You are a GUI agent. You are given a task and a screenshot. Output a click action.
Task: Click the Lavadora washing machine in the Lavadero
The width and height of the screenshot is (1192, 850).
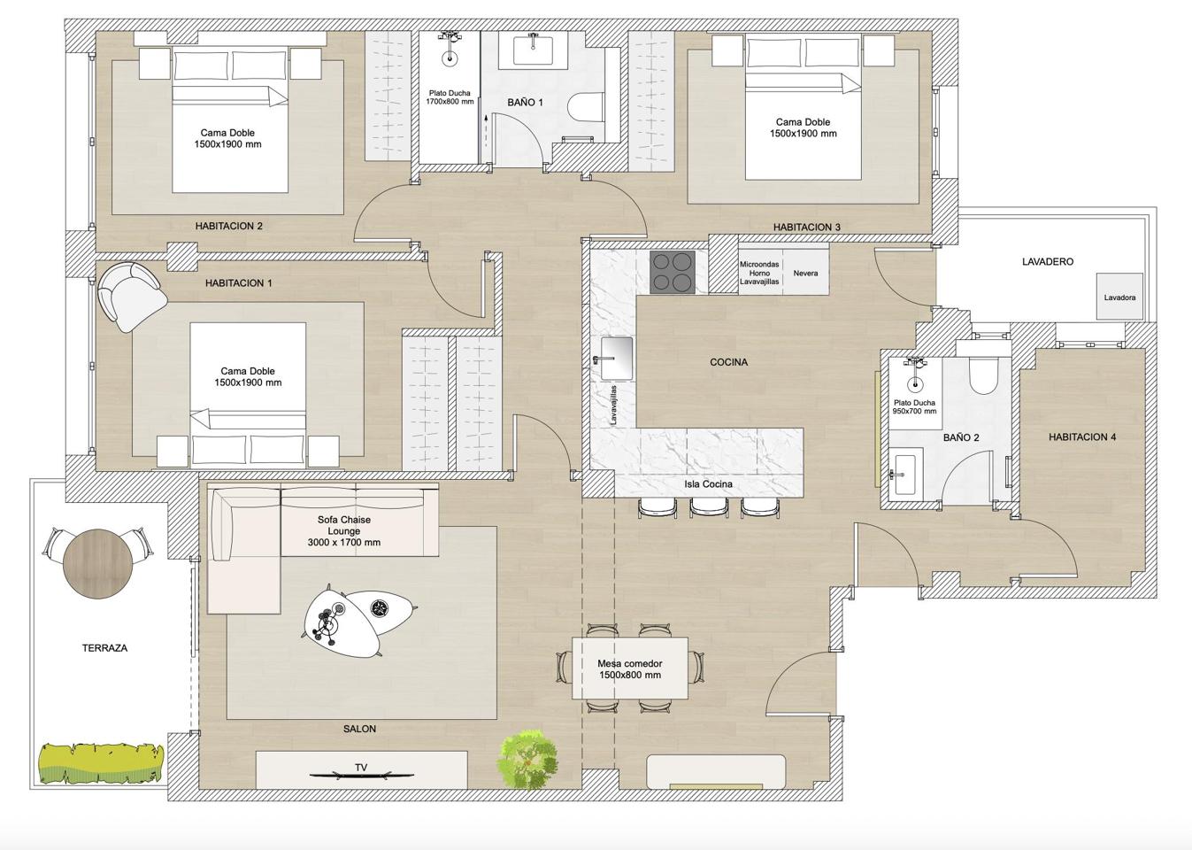pyautogui.click(x=1119, y=297)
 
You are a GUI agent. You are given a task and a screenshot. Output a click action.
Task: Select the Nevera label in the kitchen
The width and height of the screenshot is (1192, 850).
pyautogui.click(x=805, y=274)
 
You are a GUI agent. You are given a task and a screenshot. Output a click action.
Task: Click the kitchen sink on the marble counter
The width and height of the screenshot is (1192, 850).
pyautogui.click(x=616, y=359)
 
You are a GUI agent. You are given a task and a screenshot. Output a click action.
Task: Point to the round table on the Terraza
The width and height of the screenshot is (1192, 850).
pyautogui.click(x=98, y=564)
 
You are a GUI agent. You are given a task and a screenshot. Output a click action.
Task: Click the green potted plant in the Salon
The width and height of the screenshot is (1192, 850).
pyautogui.click(x=529, y=760)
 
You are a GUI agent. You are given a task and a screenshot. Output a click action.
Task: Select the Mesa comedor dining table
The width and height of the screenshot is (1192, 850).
pyautogui.click(x=629, y=668)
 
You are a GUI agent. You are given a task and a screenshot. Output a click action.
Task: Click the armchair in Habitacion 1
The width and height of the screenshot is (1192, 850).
pyautogui.click(x=131, y=297)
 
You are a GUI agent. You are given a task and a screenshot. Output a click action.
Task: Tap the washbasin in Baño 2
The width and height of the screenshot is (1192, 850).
pyautogui.click(x=904, y=474)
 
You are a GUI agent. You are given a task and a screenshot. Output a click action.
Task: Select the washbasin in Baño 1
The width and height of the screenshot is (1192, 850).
pyautogui.click(x=532, y=50)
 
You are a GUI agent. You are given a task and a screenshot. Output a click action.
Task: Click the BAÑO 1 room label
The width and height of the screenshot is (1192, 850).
pyautogui.click(x=526, y=102)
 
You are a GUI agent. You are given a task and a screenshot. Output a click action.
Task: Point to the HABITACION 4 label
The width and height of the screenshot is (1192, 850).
pyautogui.click(x=1082, y=437)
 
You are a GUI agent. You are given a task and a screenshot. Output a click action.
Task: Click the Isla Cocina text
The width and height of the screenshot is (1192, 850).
pyautogui.click(x=708, y=484)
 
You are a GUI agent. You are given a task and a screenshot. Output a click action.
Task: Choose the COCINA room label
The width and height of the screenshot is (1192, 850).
pyautogui.click(x=729, y=362)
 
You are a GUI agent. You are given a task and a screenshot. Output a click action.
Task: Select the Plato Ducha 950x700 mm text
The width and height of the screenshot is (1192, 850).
pyautogui.click(x=914, y=407)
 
